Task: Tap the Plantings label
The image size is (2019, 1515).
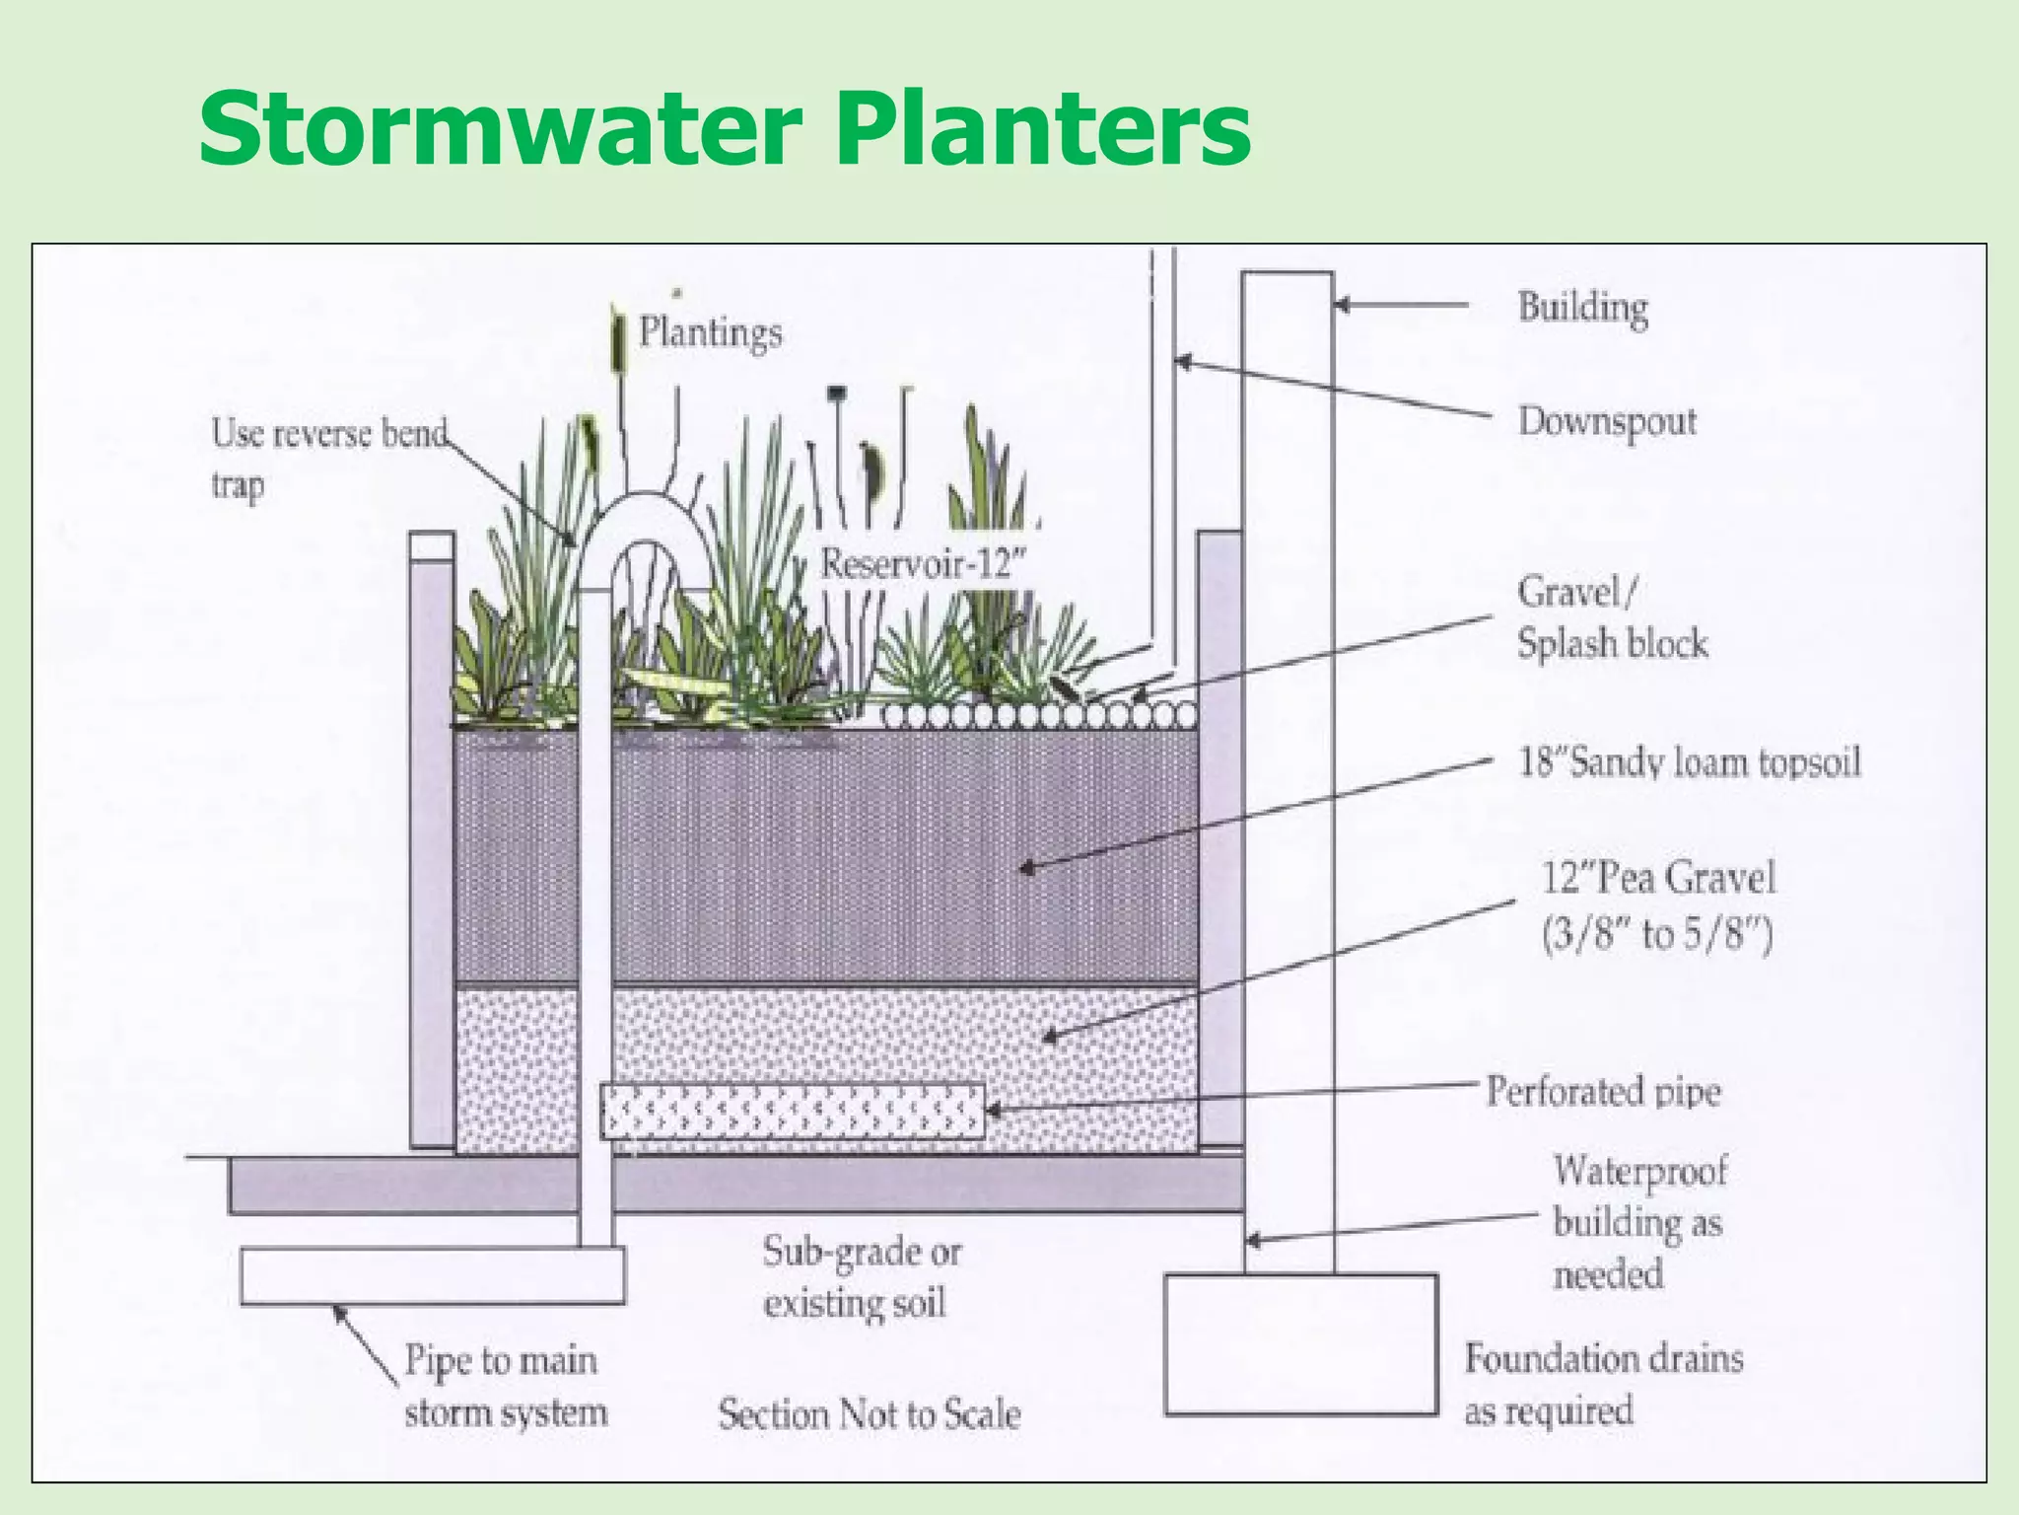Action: pyautogui.click(x=710, y=332)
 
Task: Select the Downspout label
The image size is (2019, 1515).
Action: pyautogui.click(x=1607, y=422)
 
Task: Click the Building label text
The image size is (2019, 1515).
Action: pyautogui.click(x=1582, y=307)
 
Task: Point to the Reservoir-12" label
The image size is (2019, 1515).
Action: pyautogui.click(x=923, y=564)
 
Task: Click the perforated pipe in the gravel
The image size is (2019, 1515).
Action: pyautogui.click(x=792, y=1112)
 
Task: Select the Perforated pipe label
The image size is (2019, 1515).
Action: pyautogui.click(x=1603, y=1092)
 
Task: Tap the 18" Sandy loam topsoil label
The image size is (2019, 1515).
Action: pyautogui.click(x=1689, y=762)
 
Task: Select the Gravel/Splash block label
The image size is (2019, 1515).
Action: pyautogui.click(x=1611, y=617)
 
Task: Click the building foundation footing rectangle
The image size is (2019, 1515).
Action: pyautogui.click(x=1300, y=1344)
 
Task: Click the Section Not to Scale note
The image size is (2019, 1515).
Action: pyautogui.click(x=869, y=1414)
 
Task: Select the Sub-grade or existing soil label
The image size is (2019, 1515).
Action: pyautogui.click(x=860, y=1277)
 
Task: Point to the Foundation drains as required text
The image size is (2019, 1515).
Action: pyautogui.click(x=1602, y=1384)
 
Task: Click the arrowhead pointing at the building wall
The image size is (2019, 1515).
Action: pyautogui.click(x=1343, y=305)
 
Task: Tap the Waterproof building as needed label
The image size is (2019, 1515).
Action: pyautogui.click(x=1638, y=1223)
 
